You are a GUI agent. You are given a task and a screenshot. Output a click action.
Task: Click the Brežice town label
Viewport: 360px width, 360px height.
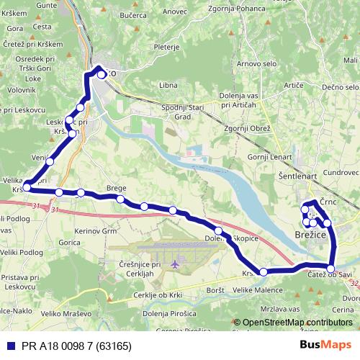coord(311,235)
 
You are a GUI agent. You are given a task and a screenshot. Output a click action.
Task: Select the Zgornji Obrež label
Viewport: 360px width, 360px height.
coord(247,128)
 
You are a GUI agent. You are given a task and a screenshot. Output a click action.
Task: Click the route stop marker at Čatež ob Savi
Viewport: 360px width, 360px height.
coord(330,269)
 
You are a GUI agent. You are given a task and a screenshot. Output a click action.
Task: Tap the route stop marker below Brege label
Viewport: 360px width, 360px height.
coord(120,199)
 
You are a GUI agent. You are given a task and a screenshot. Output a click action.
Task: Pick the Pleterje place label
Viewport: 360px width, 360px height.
coord(166,47)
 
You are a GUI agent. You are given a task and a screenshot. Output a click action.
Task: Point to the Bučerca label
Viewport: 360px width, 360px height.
coord(134,14)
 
